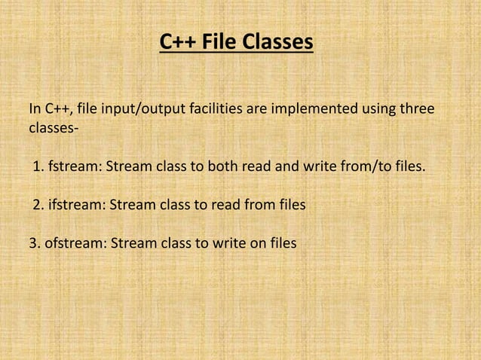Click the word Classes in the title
point(277,43)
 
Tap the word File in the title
point(219,43)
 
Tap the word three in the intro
point(418,110)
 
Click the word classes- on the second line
point(52,130)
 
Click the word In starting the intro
point(34,110)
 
